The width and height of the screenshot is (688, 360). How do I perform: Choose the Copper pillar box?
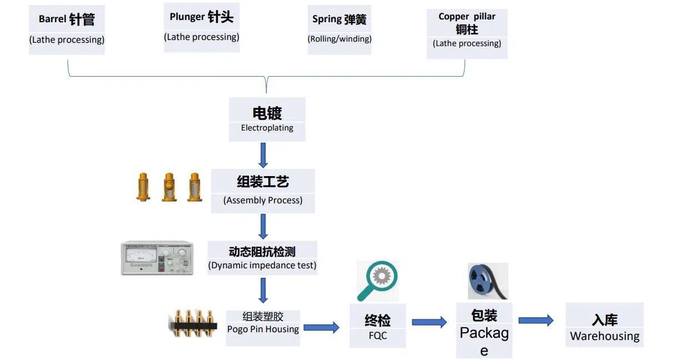[x=467, y=33]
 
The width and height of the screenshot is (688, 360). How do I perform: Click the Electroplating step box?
[x=267, y=119]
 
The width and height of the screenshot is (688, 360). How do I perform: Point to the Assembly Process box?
[x=263, y=191]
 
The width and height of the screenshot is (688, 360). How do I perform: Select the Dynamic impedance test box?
[x=262, y=257]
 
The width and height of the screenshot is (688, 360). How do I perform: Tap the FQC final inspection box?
[x=378, y=326]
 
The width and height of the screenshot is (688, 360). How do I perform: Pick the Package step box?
[x=484, y=330]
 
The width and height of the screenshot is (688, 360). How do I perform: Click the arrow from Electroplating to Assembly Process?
[x=263, y=155]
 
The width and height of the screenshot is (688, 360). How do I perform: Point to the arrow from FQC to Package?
[x=429, y=322]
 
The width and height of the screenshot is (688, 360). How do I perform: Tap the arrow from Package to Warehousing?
[x=536, y=320]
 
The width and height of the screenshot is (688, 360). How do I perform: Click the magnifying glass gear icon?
[x=377, y=281]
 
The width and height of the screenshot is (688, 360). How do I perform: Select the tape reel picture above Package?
[x=487, y=281]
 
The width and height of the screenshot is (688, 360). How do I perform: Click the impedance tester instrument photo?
[x=157, y=258]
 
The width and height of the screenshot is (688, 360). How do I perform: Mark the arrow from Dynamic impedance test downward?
[x=263, y=290]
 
